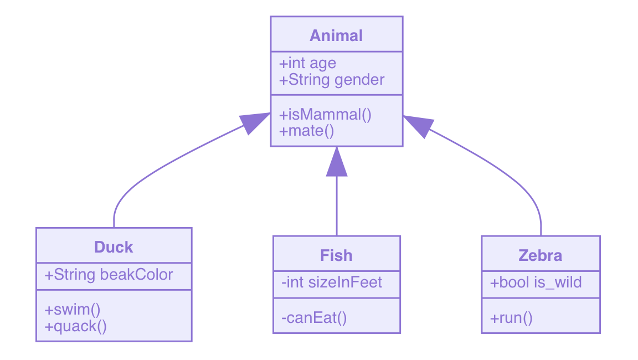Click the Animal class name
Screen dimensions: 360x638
tap(336, 36)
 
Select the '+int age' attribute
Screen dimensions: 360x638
tap(308, 63)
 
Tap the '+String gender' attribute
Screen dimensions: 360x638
tap(332, 80)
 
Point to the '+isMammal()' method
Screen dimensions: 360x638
tap(326, 115)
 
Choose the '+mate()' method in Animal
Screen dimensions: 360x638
tap(307, 131)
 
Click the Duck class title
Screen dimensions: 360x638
tap(114, 247)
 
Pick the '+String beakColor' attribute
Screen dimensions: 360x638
tap(109, 275)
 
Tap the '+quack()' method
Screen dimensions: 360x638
tap(76, 326)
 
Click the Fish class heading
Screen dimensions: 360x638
tap(336, 255)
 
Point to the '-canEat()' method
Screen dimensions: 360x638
tap(314, 317)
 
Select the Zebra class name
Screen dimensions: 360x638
tap(540, 255)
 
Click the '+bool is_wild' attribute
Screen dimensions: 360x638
tap(536, 283)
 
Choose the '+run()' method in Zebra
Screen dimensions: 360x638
tap(511, 317)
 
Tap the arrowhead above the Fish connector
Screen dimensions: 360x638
tap(336, 162)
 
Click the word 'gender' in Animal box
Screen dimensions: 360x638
tap(359, 80)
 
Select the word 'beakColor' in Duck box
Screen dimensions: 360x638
tap(136, 275)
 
